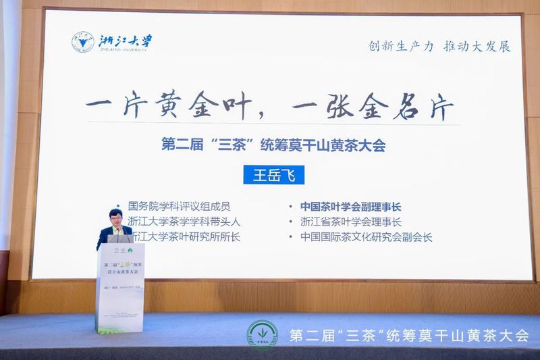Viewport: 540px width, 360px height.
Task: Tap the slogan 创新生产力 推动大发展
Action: pyautogui.click(x=439, y=47)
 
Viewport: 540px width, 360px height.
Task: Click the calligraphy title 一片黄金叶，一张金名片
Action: pyautogui.click(x=269, y=108)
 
